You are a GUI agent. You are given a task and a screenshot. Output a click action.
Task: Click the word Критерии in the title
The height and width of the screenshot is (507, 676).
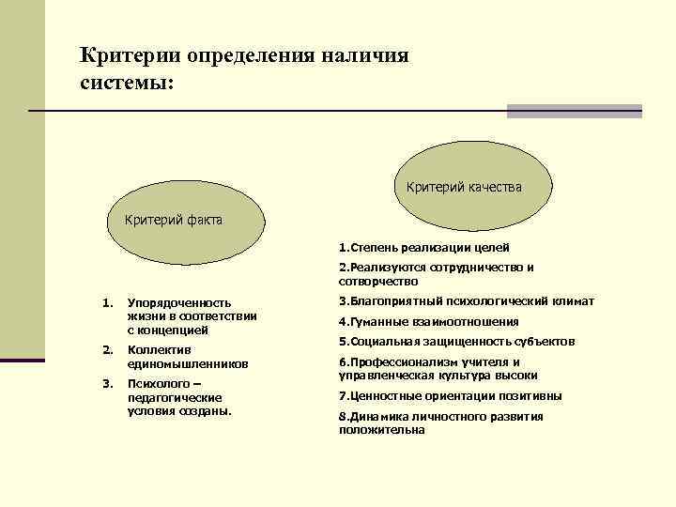click(x=131, y=54)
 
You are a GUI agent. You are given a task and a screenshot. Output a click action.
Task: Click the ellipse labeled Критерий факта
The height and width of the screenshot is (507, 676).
click(x=174, y=221)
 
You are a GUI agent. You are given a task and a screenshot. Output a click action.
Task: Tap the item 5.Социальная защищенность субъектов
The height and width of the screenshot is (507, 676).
click(x=456, y=342)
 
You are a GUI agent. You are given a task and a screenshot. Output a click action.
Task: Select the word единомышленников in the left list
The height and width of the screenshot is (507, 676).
click(x=187, y=363)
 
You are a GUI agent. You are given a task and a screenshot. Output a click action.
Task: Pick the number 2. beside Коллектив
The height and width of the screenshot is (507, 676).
click(x=106, y=349)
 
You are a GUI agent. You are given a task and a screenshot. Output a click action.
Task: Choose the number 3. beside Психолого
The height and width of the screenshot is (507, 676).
click(x=106, y=383)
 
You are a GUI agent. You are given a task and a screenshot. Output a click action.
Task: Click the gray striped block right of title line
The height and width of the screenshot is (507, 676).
click(x=574, y=111)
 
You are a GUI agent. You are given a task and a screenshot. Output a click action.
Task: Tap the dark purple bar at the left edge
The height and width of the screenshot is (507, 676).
click(x=23, y=360)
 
